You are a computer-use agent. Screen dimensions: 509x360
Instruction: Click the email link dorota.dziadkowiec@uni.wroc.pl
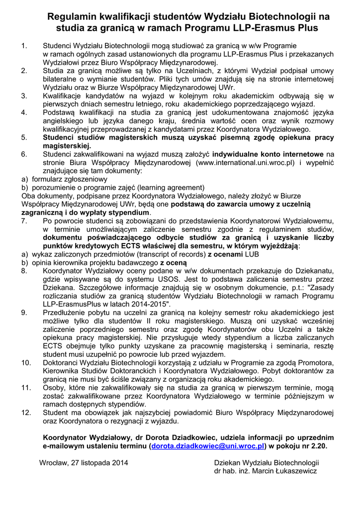pyautogui.click(x=207, y=446)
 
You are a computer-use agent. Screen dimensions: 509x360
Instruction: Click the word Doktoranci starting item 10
pyautogui.click(x=62, y=363)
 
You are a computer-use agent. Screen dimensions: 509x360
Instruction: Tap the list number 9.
pyautogui.click(x=24, y=313)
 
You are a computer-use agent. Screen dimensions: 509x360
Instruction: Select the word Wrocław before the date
pyautogui.click(x=55, y=463)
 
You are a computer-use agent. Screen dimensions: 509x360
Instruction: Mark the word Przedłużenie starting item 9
pyautogui.click(x=66, y=313)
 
